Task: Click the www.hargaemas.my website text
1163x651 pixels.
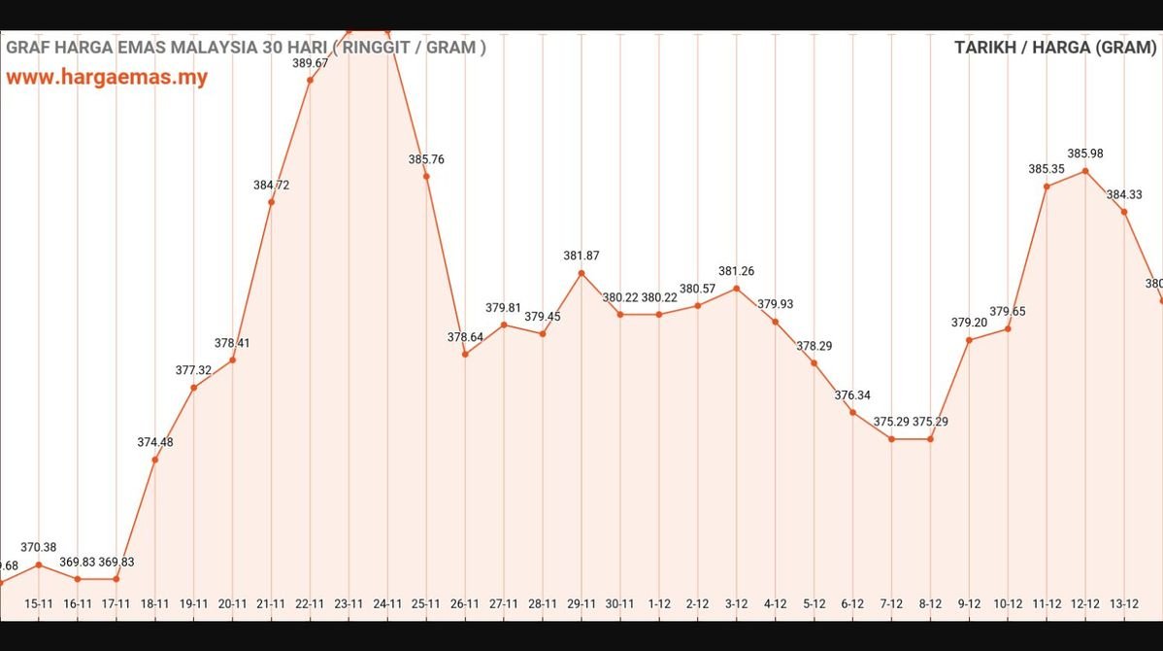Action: pyautogui.click(x=107, y=78)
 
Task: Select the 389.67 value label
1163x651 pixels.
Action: pyautogui.click(x=310, y=63)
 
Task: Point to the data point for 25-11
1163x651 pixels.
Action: pyautogui.click(x=426, y=176)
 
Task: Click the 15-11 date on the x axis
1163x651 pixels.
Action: pyautogui.click(x=39, y=603)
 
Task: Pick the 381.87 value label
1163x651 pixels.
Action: pyautogui.click(x=581, y=256)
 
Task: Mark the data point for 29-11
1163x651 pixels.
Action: pyautogui.click(x=581, y=273)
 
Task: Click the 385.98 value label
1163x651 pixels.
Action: pyautogui.click(x=1085, y=154)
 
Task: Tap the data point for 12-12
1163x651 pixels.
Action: pyautogui.click(x=1085, y=171)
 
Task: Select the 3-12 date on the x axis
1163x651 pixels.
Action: pyautogui.click(x=736, y=603)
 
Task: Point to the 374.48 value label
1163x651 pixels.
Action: pyautogui.click(x=155, y=442)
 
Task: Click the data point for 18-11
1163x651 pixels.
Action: pyautogui.click(x=155, y=460)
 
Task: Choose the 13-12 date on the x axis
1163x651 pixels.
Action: pyautogui.click(x=1124, y=603)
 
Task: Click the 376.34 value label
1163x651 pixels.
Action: pyautogui.click(x=852, y=395)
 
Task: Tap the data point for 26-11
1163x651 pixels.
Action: pyautogui.click(x=465, y=354)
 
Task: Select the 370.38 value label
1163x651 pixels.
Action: pyautogui.click(x=39, y=547)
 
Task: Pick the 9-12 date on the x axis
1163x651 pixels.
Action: pyautogui.click(x=969, y=603)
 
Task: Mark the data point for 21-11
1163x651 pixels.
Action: pyautogui.click(x=271, y=201)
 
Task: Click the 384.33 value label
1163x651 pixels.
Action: pyautogui.click(x=1124, y=194)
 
